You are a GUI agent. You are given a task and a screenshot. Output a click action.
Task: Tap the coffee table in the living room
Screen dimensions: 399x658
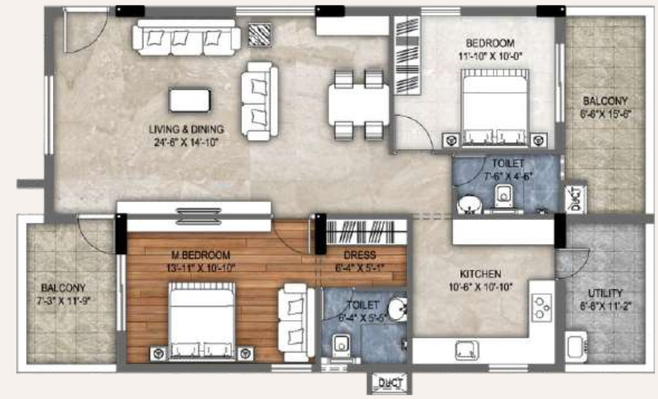pos(190,100)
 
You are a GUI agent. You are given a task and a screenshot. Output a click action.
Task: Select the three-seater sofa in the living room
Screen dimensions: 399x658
pos(186,38)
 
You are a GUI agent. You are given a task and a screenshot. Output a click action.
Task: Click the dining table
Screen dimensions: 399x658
pos(358,105)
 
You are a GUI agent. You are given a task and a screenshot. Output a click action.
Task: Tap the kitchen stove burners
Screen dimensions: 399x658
pos(541,307)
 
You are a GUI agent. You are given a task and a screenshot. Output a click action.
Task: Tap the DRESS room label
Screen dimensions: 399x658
pos(360,255)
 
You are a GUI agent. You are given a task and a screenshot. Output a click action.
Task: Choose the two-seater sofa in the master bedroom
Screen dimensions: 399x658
pos(296,325)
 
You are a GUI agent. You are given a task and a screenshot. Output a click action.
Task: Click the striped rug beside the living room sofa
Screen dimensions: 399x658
pos(260,35)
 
